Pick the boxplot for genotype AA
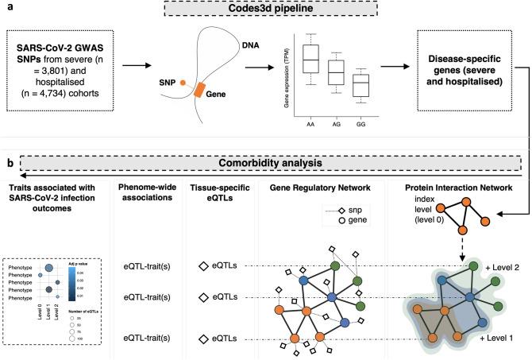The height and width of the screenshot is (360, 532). (310, 59)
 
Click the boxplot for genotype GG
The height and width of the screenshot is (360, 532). (361, 85)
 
